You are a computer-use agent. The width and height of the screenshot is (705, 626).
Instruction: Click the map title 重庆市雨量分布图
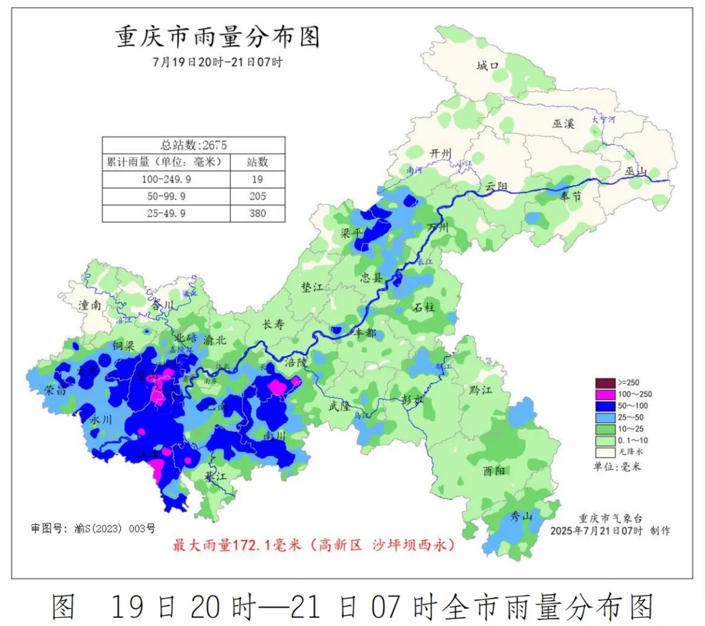218,37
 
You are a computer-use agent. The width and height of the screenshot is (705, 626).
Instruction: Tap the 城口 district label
487,66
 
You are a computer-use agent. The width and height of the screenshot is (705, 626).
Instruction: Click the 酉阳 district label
493,471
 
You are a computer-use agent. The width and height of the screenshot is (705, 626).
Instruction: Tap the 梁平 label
351,233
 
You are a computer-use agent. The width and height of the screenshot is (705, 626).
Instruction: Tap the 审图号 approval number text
93,528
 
